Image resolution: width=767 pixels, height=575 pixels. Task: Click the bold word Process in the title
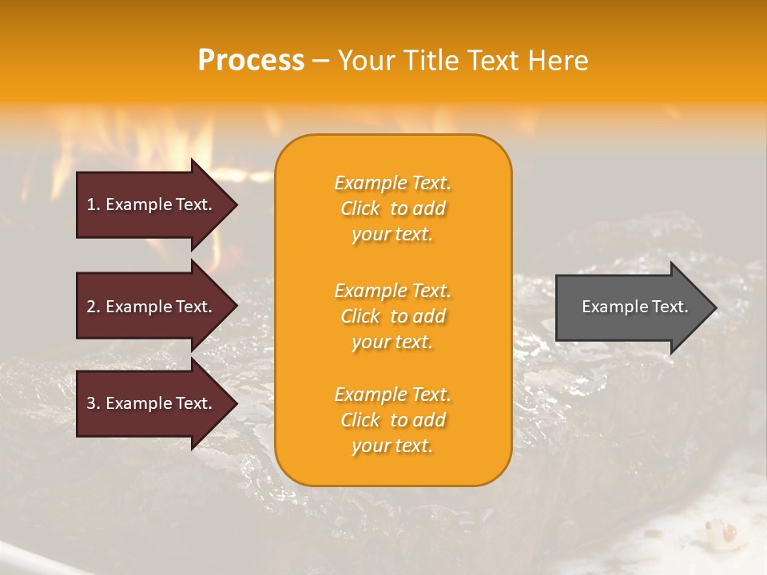tap(251, 61)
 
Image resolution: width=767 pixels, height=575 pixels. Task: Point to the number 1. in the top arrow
tap(93, 204)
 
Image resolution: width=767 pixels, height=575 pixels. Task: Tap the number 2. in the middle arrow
tap(93, 307)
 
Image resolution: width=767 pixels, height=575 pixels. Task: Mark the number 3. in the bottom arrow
tap(93, 403)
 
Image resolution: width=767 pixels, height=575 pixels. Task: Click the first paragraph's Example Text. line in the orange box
tap(392, 183)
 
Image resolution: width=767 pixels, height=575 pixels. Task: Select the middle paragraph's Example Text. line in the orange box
tap(392, 290)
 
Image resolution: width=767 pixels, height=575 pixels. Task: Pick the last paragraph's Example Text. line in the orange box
tap(392, 395)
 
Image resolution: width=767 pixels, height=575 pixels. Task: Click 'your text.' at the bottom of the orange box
tap(392, 446)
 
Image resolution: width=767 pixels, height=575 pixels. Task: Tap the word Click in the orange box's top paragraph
tap(360, 208)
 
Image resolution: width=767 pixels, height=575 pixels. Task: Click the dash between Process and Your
tap(320, 61)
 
